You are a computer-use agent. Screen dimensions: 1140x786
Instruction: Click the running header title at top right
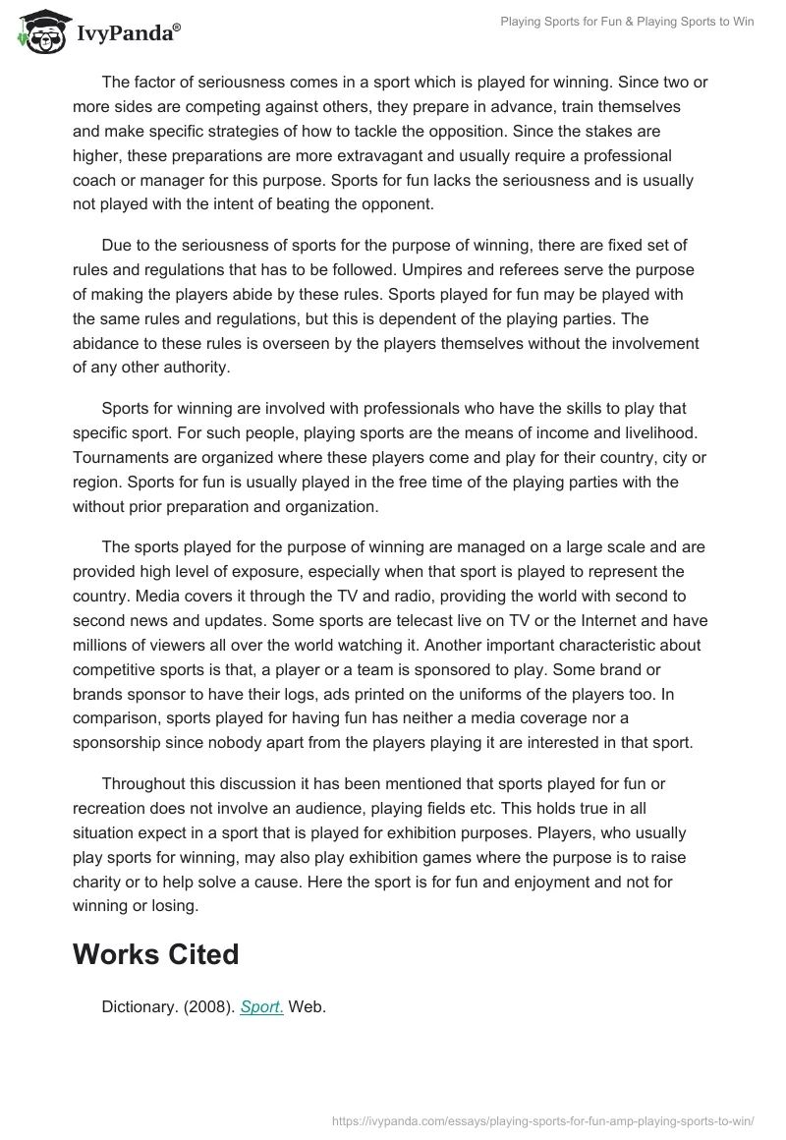[626, 22]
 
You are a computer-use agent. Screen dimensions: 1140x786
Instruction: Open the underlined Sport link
[261, 1006]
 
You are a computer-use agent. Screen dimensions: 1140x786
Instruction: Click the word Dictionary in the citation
[137, 1006]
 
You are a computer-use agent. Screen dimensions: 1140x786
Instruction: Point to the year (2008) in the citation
[206, 1006]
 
